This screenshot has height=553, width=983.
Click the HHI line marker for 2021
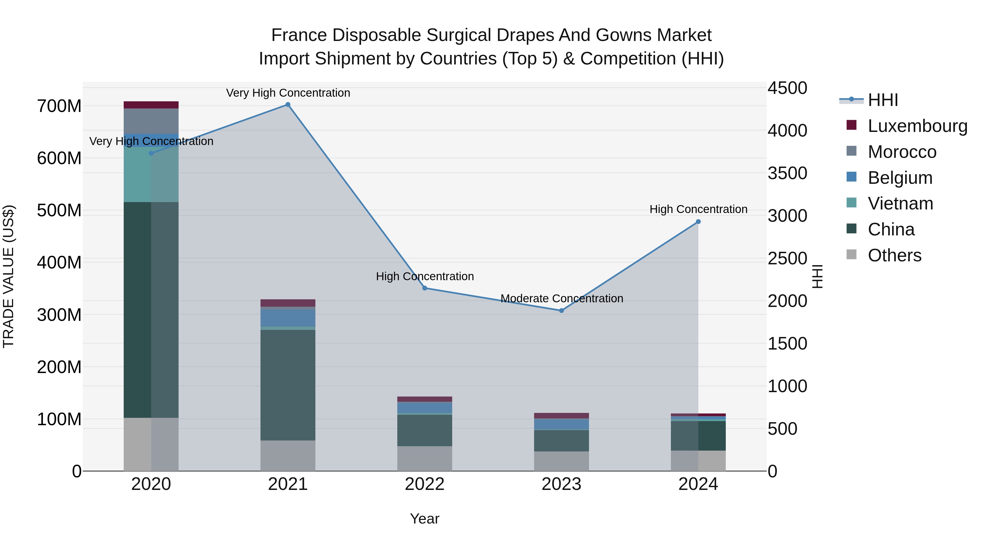[x=288, y=105]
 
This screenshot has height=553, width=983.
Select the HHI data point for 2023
[x=561, y=311]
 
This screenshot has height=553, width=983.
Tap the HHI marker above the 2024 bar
[x=698, y=222]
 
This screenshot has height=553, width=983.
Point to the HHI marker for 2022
[x=425, y=288]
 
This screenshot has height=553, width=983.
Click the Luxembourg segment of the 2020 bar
[x=151, y=105]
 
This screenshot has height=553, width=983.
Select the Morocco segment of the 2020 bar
[x=151, y=121]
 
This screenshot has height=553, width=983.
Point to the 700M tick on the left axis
[x=59, y=106]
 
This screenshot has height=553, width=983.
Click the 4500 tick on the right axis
[x=787, y=88]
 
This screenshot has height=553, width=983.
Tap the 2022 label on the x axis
[x=425, y=484]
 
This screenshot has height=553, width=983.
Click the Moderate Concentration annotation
[x=561, y=298]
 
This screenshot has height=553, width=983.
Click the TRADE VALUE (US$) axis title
[x=8, y=276]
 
